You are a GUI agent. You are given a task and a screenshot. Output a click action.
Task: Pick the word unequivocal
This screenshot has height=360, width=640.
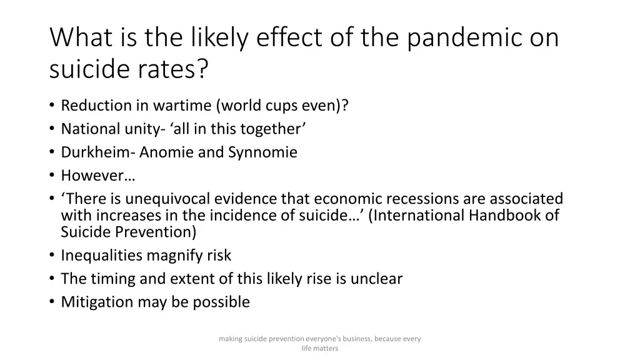(168, 199)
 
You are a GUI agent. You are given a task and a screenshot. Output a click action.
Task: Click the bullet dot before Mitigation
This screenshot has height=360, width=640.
(51, 302)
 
